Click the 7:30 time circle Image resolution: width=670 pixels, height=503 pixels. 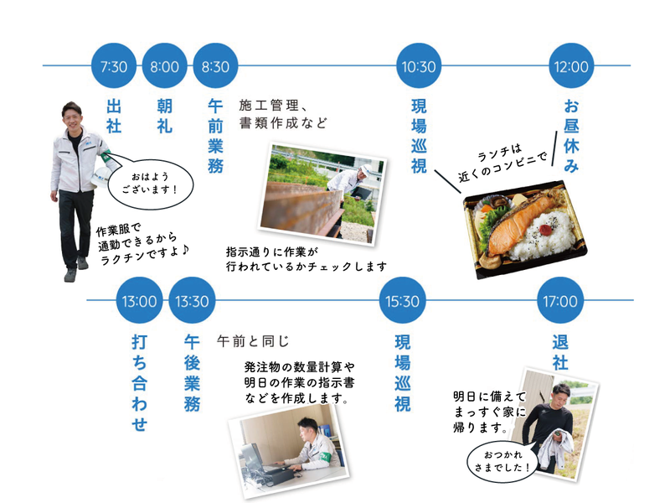[114, 66]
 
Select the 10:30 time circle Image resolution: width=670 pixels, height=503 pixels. [419, 66]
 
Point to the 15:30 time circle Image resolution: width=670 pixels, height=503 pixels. [403, 301]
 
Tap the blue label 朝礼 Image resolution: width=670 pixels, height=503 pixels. [165, 115]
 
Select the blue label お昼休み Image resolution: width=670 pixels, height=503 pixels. [572, 136]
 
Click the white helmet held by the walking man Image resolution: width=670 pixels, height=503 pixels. [105, 158]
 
